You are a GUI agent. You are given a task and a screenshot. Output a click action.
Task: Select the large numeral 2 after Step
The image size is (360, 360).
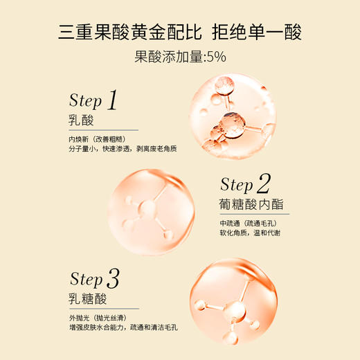pyautogui.click(x=263, y=183)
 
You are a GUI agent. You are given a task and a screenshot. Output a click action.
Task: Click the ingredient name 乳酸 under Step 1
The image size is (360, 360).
pyautogui.click(x=82, y=121)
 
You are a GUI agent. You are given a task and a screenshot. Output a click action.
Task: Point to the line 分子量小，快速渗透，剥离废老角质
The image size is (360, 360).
pyautogui.click(x=118, y=149)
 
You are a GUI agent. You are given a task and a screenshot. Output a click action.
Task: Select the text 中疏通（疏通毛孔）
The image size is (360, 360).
pyautogui.click(x=249, y=223)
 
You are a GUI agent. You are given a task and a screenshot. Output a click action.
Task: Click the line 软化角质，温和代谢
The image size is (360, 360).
pyautogui.click(x=250, y=233)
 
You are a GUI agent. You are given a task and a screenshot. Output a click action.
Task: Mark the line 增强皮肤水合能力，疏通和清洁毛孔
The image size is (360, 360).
pyautogui.click(x=124, y=328)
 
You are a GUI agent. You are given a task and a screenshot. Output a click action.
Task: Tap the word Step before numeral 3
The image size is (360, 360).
pyautogui.click(x=86, y=280)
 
